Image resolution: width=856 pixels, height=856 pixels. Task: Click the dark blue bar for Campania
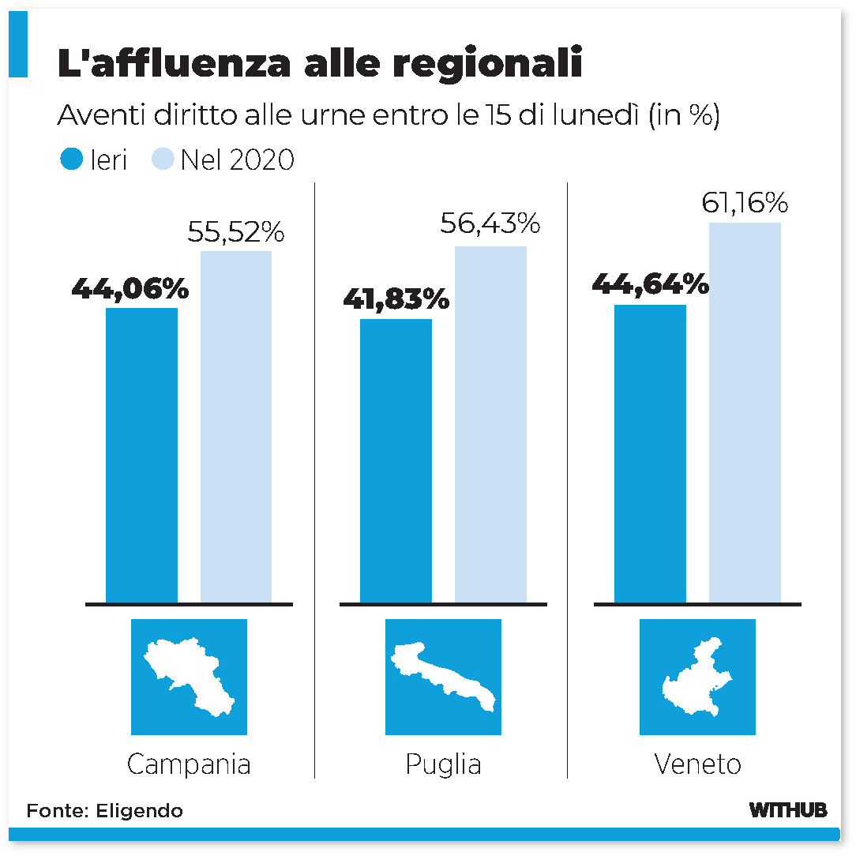(141, 455)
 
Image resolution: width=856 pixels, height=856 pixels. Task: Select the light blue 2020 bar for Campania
(236, 426)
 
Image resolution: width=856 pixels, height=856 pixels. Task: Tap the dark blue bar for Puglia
(396, 460)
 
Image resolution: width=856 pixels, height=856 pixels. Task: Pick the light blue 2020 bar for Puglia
(490, 424)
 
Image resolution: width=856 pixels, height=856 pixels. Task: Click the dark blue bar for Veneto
(650, 453)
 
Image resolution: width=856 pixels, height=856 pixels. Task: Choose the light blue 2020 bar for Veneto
(745, 412)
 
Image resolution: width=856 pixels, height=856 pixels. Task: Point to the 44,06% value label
(130, 289)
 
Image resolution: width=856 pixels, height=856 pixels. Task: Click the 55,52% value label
(235, 232)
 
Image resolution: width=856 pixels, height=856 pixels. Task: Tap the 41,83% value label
(396, 300)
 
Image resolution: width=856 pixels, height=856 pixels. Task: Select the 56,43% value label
(490, 224)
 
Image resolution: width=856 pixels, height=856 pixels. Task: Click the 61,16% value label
(745, 204)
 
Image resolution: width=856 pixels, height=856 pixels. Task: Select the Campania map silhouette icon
(189, 677)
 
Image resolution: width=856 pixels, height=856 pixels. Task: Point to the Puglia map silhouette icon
(443, 677)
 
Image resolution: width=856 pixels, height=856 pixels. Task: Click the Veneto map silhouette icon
(697, 677)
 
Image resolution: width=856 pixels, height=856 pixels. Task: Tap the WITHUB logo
(787, 810)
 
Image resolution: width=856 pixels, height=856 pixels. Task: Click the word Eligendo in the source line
(139, 811)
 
